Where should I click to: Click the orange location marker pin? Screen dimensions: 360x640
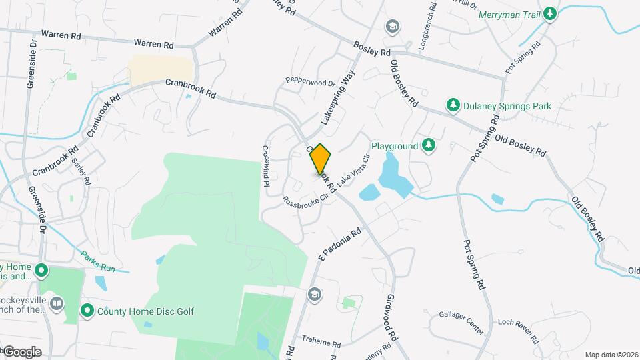tap(321, 159)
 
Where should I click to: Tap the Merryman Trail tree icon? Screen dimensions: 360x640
tap(549, 14)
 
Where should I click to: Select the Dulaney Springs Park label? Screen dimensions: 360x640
tap(507, 105)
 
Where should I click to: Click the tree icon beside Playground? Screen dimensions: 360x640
tap(429, 145)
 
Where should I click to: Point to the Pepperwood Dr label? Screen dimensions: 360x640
tap(310, 83)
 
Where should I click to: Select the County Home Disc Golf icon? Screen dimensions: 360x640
tap(87, 311)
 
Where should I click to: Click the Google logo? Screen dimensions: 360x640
tap(21, 352)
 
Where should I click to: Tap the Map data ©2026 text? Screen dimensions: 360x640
tap(611, 355)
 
